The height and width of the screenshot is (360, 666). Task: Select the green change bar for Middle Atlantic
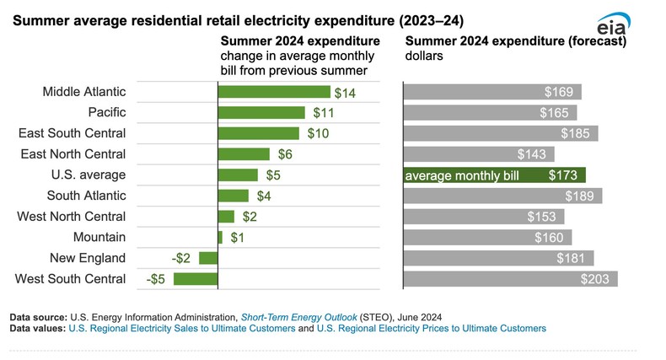click(x=274, y=92)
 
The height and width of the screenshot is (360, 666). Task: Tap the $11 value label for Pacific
click(x=323, y=112)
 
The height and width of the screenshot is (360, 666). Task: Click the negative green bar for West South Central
click(x=195, y=279)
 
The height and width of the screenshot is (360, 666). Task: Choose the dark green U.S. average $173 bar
click(x=494, y=175)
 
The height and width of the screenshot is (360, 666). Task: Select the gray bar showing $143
click(x=479, y=154)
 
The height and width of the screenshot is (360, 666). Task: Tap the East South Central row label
click(x=73, y=133)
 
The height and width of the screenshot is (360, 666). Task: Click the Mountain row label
click(x=99, y=238)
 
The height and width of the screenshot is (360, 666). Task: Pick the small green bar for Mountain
click(x=220, y=238)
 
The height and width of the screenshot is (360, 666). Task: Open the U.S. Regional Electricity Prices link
click(x=430, y=328)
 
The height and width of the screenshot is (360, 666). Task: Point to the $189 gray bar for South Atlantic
click(x=502, y=196)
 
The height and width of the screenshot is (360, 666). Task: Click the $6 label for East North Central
click(x=286, y=154)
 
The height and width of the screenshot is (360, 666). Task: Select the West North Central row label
click(x=72, y=217)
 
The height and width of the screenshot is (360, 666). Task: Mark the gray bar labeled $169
click(x=492, y=92)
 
